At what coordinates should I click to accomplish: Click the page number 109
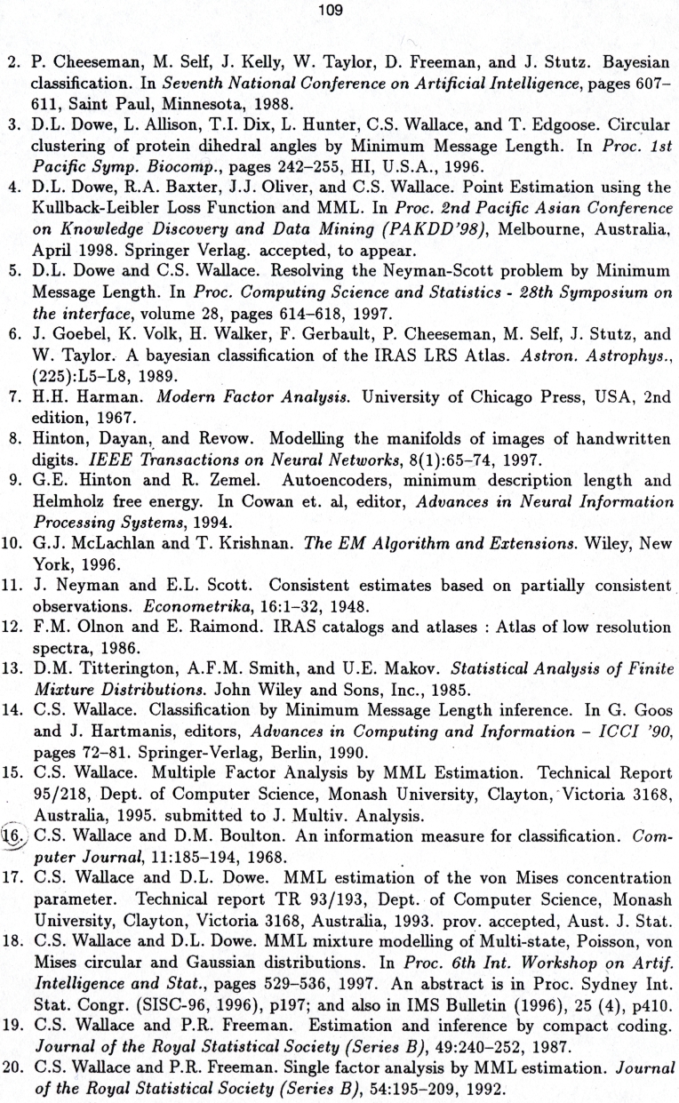click(340, 11)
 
